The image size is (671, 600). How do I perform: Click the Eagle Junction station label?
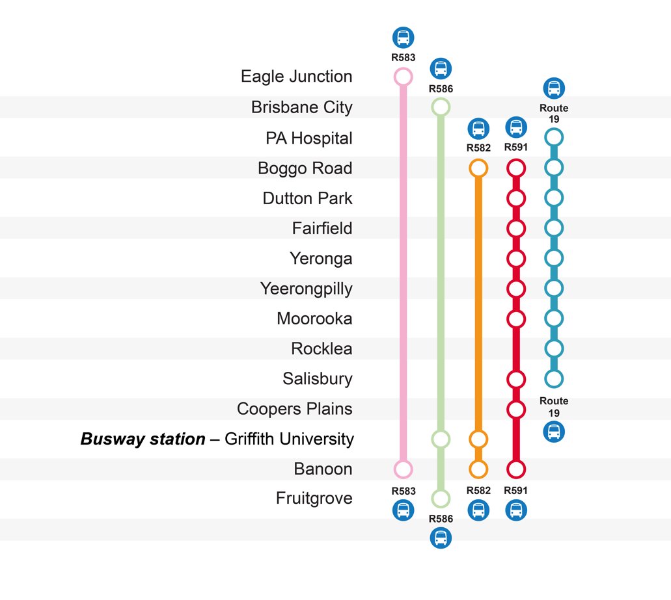(x=296, y=77)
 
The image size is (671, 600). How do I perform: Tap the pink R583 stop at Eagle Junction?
(x=403, y=77)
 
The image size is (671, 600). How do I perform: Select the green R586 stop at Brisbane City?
(x=441, y=107)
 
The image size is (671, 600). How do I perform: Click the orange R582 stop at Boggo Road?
(x=478, y=168)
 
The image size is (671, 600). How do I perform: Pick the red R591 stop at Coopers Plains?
(x=516, y=410)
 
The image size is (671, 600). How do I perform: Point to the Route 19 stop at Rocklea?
(x=554, y=348)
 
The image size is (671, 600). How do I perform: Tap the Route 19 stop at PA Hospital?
(x=554, y=138)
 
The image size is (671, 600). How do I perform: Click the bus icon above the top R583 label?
(x=403, y=38)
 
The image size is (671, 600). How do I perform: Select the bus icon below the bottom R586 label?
(x=441, y=538)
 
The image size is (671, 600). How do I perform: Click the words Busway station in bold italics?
(x=143, y=439)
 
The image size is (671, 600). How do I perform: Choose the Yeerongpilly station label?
(x=306, y=289)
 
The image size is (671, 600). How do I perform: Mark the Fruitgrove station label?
(x=314, y=499)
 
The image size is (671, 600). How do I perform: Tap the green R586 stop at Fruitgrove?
(x=441, y=499)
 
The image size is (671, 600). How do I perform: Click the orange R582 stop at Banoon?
(x=478, y=469)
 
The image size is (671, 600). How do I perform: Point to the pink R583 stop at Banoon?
(x=403, y=469)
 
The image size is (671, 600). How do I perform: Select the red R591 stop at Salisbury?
(x=516, y=379)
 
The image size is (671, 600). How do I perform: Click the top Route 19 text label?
(x=554, y=114)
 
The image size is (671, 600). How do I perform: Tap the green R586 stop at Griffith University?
(x=441, y=439)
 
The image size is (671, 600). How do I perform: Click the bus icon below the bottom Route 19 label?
(x=554, y=432)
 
